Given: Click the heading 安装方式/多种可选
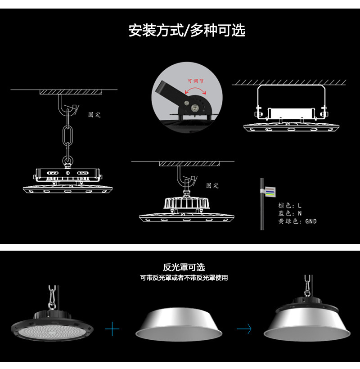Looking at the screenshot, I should click(187, 31).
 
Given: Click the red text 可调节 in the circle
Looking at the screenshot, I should click(195, 81).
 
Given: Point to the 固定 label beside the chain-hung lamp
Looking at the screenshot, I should click(94, 115).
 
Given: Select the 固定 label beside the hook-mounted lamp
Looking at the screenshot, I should click(212, 185).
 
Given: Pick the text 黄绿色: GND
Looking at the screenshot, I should click(297, 221).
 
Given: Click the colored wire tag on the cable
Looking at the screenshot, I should click(269, 192).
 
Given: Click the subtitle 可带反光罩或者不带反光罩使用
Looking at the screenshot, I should click(184, 278).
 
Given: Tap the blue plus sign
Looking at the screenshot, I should click(112, 329).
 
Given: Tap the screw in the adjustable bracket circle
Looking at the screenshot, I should click(195, 108).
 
